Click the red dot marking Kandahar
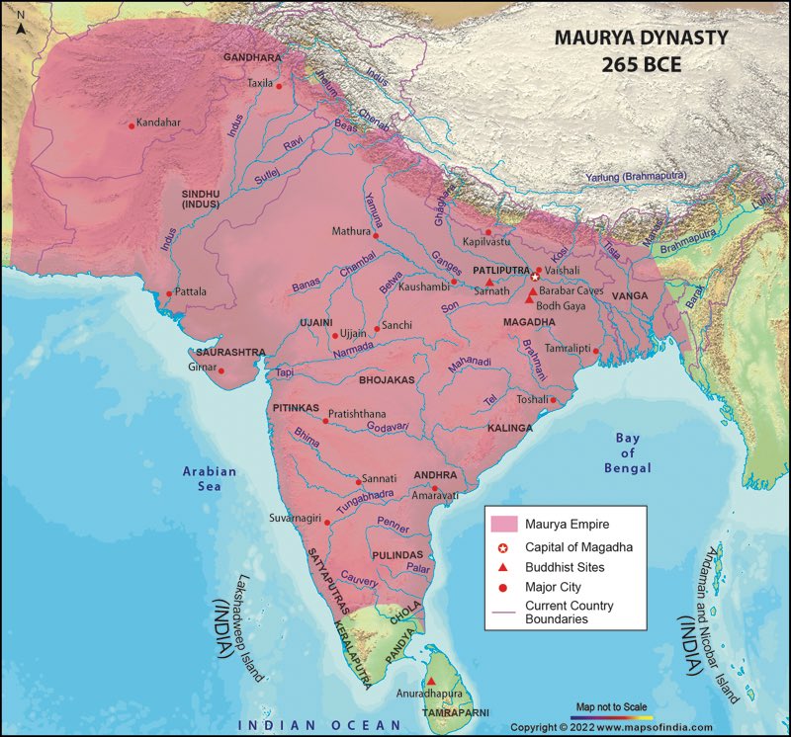[x=132, y=124]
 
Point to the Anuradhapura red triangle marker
[x=430, y=681]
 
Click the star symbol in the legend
[x=503, y=547]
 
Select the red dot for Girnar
[x=221, y=371]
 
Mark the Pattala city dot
[x=168, y=292]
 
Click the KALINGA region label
[x=510, y=429]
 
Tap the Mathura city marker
[x=376, y=235]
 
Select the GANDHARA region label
[x=252, y=58]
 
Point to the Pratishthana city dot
[x=325, y=421]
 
